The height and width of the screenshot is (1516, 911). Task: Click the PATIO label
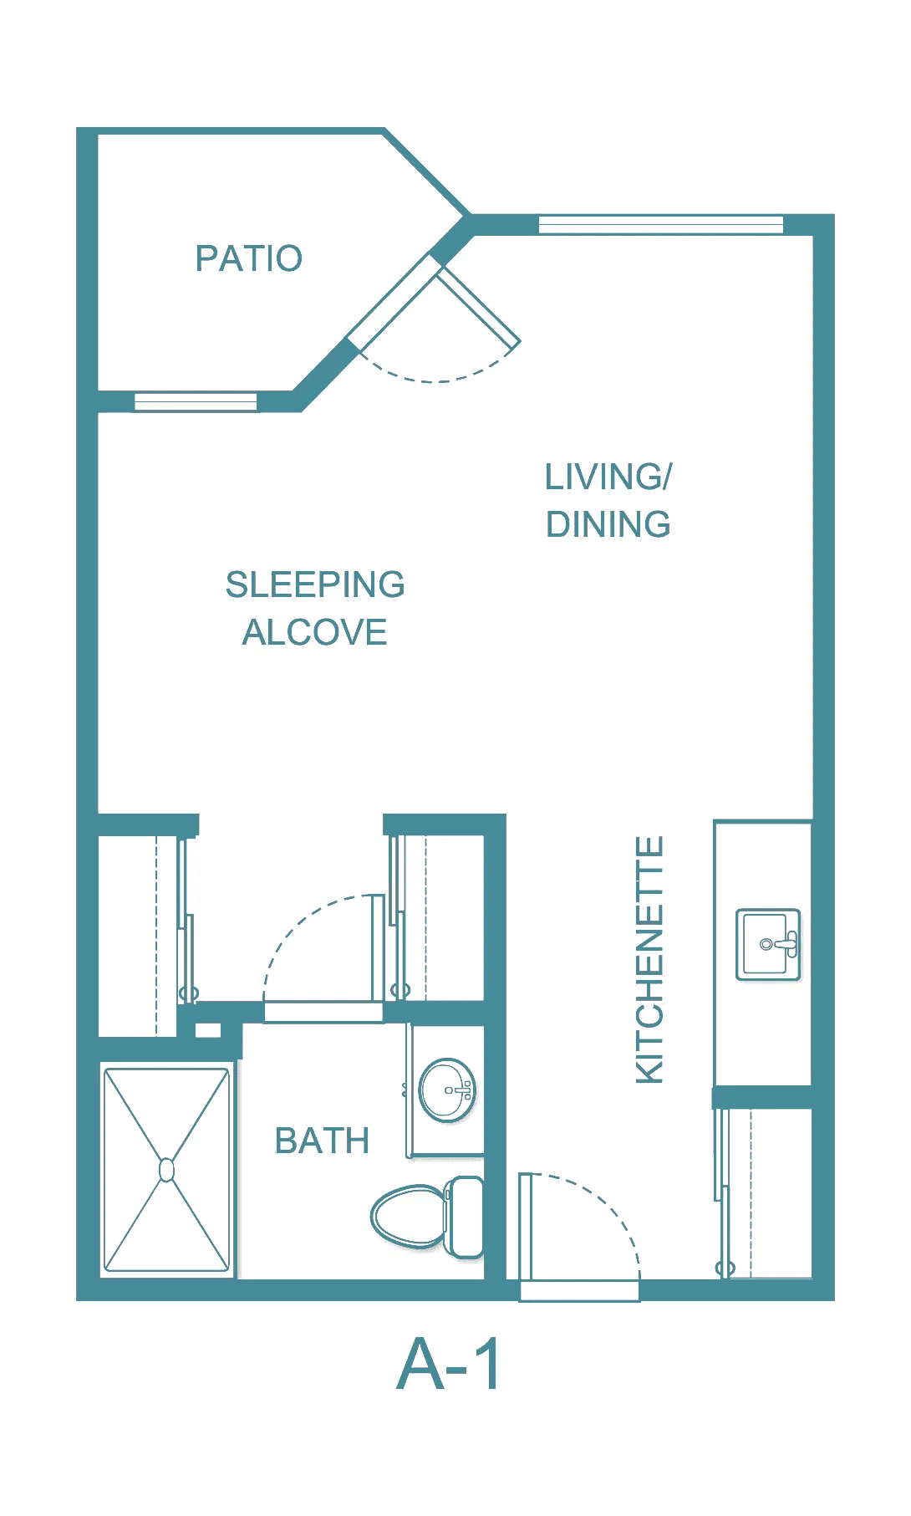[x=248, y=258]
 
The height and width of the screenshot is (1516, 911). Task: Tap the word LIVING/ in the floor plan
[x=608, y=477]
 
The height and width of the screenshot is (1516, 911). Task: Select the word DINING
[x=608, y=524]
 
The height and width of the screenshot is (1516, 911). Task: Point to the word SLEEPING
[x=315, y=584]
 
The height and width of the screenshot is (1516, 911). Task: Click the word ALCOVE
[x=315, y=632]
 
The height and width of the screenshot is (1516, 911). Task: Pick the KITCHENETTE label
[x=649, y=959]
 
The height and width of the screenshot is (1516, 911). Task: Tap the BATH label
[x=322, y=1141]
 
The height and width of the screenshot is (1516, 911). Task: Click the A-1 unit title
[x=450, y=1364]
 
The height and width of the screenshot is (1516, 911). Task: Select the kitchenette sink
[x=768, y=944]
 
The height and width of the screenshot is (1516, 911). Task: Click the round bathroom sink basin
[x=447, y=1090]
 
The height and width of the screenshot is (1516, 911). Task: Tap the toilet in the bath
[x=427, y=1217]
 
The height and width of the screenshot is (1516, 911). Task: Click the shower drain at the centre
[x=166, y=1169]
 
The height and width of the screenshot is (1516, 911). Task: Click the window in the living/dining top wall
[x=661, y=224]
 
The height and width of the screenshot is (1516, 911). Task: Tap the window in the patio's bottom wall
[x=196, y=401]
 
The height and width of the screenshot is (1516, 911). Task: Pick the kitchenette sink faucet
[x=782, y=944]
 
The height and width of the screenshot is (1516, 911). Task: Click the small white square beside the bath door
[x=208, y=1030]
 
